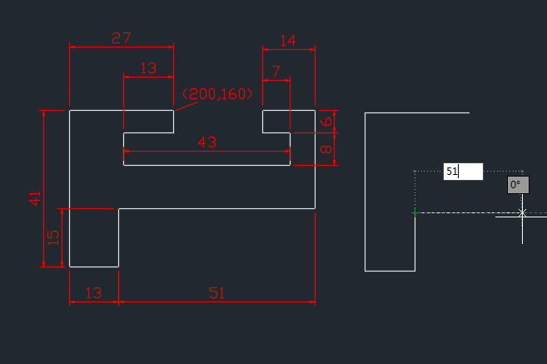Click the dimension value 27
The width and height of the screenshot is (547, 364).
pos(122,37)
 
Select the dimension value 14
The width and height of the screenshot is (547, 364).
pos(288,40)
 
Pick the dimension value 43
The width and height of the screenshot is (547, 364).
pos(206,142)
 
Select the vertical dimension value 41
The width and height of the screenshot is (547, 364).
pos(35,197)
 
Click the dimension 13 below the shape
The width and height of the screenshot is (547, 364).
pos(93,292)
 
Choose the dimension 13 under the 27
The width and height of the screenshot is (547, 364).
pos(148,69)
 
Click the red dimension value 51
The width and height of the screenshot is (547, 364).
pos(216,292)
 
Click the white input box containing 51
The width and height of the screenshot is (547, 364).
pos(463,172)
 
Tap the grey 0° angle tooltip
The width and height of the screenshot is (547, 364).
pos(518,185)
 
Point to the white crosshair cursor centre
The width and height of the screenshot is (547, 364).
pos(522,213)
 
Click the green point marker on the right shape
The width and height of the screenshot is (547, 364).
pos(415,213)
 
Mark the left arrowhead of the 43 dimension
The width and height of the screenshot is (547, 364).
pos(127,151)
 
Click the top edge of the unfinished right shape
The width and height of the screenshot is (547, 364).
pos(416,112)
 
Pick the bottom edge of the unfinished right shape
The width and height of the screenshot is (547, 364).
pos(390,271)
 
